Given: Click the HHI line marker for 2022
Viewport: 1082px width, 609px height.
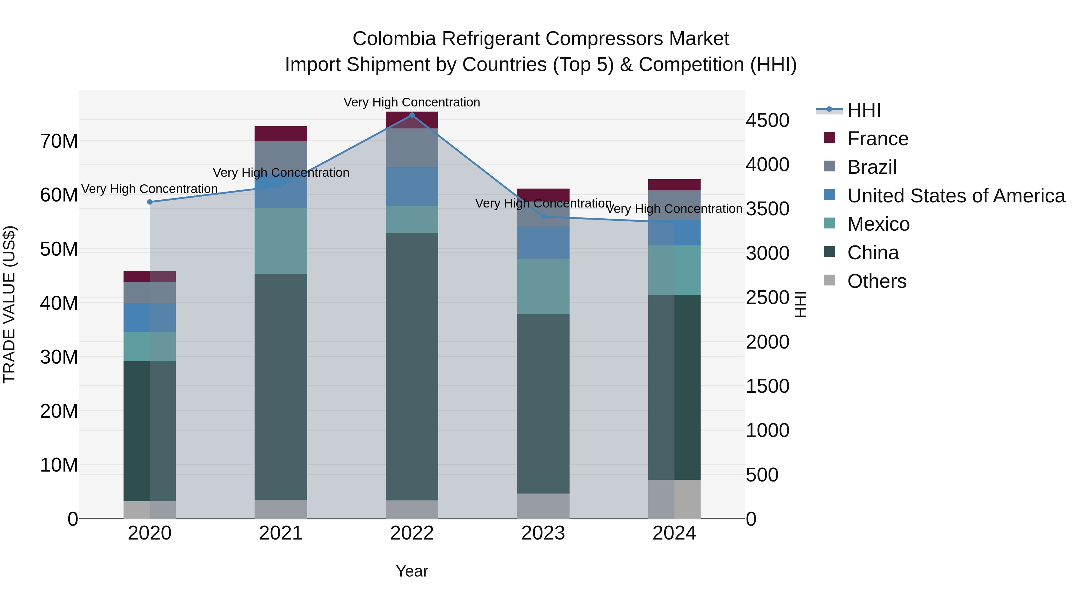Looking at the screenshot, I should click(412, 115).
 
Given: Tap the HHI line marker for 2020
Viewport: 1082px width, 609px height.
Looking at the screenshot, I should click(150, 202).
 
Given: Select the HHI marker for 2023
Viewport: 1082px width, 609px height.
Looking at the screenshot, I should click(543, 217).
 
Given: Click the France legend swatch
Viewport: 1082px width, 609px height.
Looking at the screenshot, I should click(829, 138).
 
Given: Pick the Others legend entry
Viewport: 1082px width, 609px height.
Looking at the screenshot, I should click(877, 281).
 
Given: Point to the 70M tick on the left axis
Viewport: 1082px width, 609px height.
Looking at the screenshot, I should click(59, 141).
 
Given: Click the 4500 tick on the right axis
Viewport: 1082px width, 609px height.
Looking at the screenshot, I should click(767, 121).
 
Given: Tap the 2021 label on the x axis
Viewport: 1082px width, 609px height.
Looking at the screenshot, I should click(281, 533).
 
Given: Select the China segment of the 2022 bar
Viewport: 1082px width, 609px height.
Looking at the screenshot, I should click(412, 366).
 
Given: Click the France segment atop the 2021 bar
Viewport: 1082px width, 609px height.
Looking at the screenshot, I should click(281, 134).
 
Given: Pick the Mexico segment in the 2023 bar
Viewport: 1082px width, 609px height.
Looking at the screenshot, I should click(543, 286).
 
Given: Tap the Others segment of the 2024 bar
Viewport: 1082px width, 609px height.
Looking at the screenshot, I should click(674, 499).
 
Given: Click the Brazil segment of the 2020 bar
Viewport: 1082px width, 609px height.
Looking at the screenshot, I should click(150, 293).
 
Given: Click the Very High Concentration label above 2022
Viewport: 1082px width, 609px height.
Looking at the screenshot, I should click(412, 103).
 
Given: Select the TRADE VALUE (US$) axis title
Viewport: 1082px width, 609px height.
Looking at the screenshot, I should click(9, 304).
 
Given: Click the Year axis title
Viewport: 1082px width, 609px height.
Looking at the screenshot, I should click(412, 571).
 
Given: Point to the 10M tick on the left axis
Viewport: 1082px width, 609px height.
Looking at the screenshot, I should click(59, 465).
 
